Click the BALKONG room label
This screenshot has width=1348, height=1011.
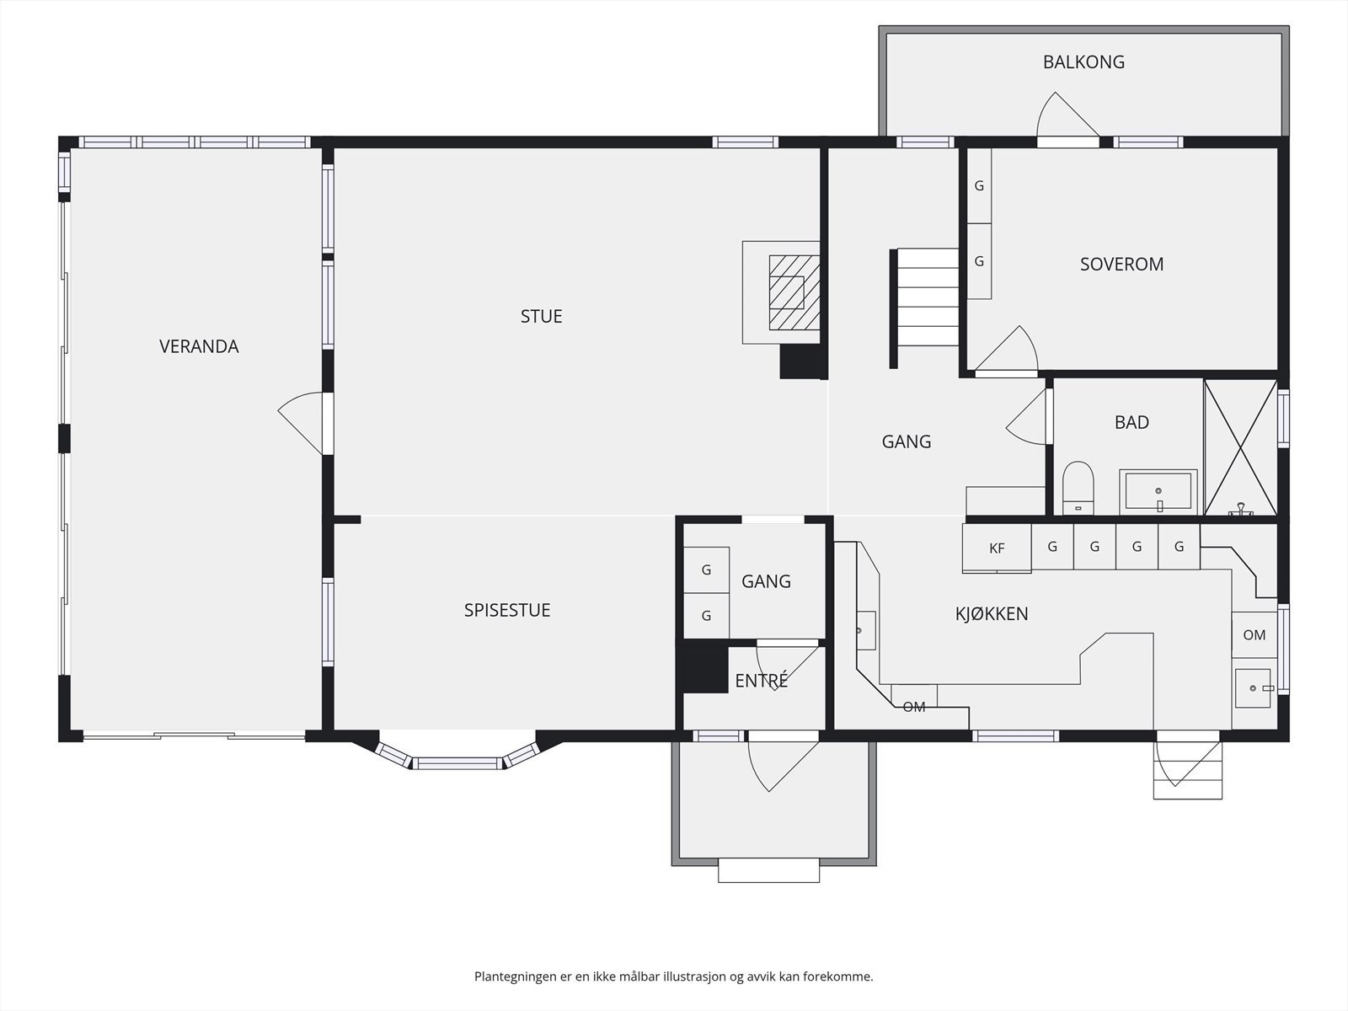1083,62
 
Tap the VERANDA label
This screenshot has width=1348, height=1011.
199,347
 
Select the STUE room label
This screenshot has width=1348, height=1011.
541,316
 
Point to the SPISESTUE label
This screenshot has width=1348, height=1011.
506,610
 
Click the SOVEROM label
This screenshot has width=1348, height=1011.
1121,264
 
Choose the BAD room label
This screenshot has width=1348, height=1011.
1131,422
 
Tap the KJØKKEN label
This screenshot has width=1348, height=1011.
991,614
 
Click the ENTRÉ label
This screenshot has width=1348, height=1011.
762,680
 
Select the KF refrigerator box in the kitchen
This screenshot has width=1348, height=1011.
997,548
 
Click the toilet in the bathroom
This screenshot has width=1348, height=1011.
1078,488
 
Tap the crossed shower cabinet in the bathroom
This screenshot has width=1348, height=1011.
1241,447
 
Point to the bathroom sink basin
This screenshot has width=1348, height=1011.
1158,492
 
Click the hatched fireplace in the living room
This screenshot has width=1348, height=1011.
794,292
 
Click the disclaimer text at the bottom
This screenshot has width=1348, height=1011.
674,976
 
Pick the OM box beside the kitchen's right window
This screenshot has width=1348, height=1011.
1254,635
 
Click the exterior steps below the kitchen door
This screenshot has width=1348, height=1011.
1188,770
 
